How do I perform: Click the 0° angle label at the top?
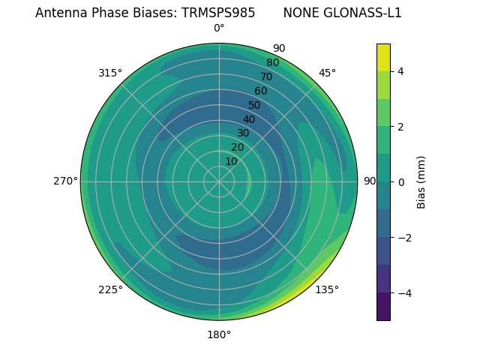click(219, 28)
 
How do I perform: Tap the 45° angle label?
click(327, 73)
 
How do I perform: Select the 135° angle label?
click(327, 289)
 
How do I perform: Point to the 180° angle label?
click(219, 334)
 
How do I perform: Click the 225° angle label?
click(110, 289)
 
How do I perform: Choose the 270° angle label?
click(66, 181)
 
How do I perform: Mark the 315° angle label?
click(110, 73)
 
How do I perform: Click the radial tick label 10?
click(231, 162)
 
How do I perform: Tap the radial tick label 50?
click(255, 105)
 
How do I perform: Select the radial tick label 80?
click(272, 63)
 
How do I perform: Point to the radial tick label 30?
click(243, 133)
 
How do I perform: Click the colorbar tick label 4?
click(400, 71)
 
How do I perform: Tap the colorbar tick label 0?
click(400, 181)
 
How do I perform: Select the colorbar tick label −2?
click(403, 237)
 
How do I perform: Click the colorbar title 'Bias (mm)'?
click(421, 181)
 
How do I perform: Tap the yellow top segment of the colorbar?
click(383, 57)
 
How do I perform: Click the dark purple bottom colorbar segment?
click(383, 306)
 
